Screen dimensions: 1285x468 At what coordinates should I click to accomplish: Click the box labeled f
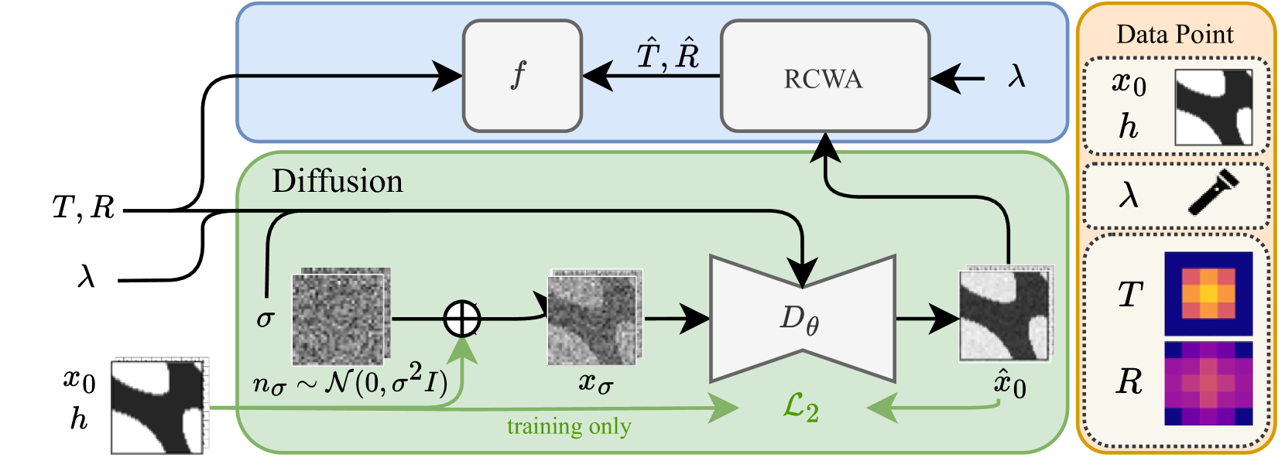click(522, 76)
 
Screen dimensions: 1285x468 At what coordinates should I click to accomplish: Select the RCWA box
click(825, 76)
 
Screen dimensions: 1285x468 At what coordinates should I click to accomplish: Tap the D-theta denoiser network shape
click(803, 319)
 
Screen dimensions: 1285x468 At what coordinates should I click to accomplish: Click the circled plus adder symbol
click(462, 319)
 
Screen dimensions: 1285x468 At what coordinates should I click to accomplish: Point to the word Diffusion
click(338, 181)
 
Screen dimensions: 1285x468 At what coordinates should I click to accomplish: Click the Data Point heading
click(1175, 34)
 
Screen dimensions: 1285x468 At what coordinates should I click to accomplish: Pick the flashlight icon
click(1214, 192)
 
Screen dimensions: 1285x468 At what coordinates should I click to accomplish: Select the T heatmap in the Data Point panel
click(1208, 294)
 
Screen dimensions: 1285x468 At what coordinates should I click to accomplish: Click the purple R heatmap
click(1208, 383)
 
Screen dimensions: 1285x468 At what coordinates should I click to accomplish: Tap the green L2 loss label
click(801, 408)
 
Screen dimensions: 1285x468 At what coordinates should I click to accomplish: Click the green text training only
click(569, 427)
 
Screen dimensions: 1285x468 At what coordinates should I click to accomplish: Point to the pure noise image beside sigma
click(341, 316)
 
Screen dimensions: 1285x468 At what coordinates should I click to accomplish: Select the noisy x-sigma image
click(595, 316)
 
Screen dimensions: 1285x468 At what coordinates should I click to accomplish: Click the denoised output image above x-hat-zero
click(1006, 313)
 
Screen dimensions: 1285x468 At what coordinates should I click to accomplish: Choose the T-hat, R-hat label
click(668, 56)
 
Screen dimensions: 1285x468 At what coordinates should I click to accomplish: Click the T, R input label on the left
click(84, 207)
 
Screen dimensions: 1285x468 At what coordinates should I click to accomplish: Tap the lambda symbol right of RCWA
click(1016, 77)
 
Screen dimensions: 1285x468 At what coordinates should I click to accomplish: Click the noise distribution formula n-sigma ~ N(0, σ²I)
click(350, 381)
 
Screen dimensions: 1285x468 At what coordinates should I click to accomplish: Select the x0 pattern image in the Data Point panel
click(1213, 108)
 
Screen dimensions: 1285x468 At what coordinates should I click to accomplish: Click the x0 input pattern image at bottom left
click(159, 406)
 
